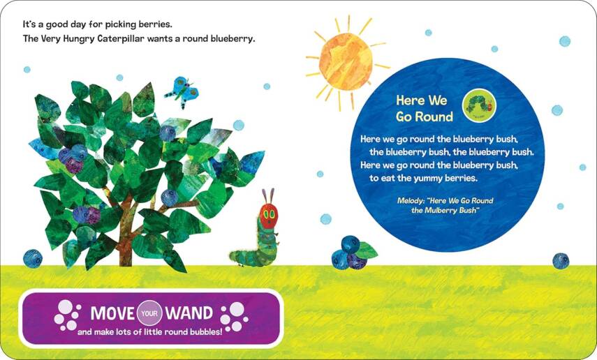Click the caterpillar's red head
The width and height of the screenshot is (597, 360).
pos(267,216)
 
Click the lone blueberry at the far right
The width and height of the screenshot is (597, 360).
pos(561,260)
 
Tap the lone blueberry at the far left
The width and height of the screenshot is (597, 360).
pos(32,258)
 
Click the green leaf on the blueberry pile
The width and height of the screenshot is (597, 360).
pos(367,250)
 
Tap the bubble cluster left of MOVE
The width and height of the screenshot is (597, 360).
pos(67,315)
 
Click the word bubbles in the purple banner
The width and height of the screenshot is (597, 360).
pos(203,331)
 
